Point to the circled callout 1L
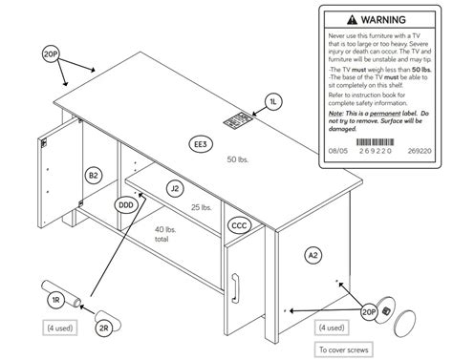(273, 100)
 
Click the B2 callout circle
(94, 176)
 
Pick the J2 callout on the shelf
(175, 189)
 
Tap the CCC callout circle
(240, 226)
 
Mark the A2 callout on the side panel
(313, 255)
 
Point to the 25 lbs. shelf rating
(202, 207)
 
